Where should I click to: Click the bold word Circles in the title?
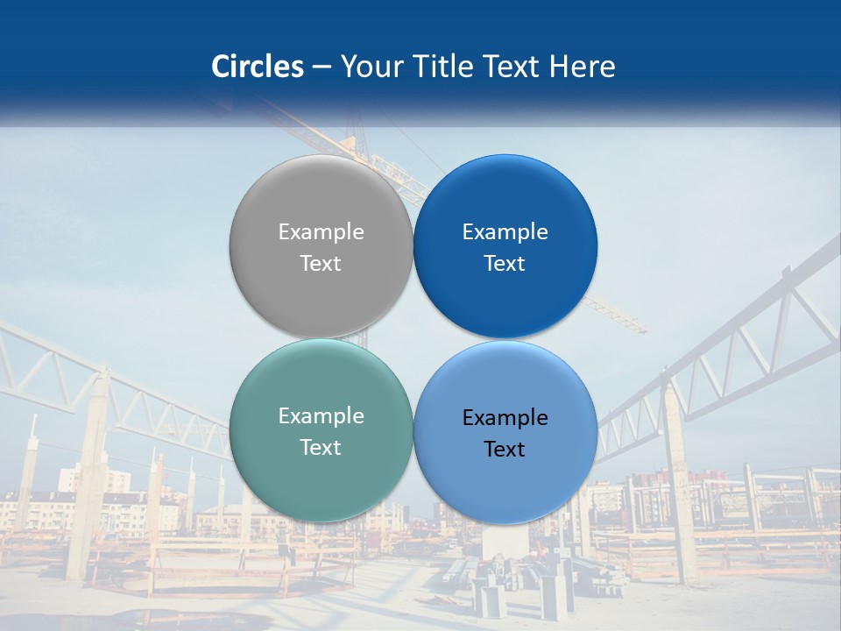258,67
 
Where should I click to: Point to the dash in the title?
322,67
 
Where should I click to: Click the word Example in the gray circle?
321,231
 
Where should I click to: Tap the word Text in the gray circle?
321,263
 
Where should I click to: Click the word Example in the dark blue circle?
505,231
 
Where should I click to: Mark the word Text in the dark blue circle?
505,263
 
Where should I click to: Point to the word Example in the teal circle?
321,415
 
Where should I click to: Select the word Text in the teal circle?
321,447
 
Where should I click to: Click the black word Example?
505,417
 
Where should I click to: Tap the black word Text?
505,449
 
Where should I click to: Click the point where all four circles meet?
413,339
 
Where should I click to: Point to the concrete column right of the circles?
680,491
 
